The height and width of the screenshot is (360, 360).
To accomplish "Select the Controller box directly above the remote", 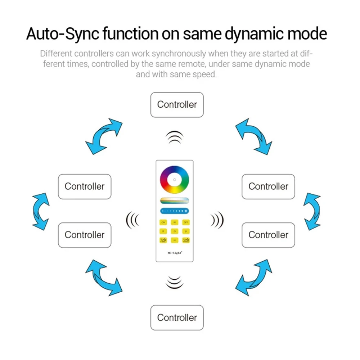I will pos(177,105).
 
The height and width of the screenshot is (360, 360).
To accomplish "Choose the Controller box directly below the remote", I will pos(177,318).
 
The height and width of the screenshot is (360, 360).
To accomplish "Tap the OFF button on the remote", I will pos(186,222).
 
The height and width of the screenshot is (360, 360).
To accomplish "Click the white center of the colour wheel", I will pos(175,179).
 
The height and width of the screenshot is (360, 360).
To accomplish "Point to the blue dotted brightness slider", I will pos(175,211).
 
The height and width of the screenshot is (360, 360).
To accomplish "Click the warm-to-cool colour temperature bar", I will pos(175,201).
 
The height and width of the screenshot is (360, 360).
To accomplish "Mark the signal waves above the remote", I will pos(175,137).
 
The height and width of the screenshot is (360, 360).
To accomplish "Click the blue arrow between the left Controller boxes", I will pos(41,211).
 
